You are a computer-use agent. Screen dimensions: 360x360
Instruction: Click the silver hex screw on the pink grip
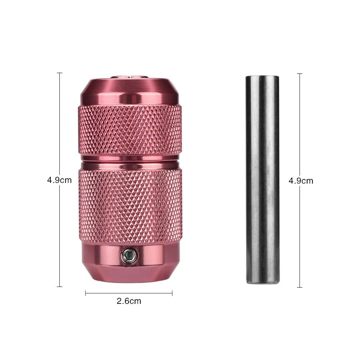(129, 254)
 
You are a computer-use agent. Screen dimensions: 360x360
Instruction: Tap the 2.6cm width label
(129, 301)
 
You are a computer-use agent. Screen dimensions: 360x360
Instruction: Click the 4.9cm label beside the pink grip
(59, 180)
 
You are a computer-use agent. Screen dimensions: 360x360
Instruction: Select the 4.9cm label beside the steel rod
(301, 181)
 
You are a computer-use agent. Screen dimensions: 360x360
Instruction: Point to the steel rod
(263, 180)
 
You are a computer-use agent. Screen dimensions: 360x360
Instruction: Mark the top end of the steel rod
(262, 76)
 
